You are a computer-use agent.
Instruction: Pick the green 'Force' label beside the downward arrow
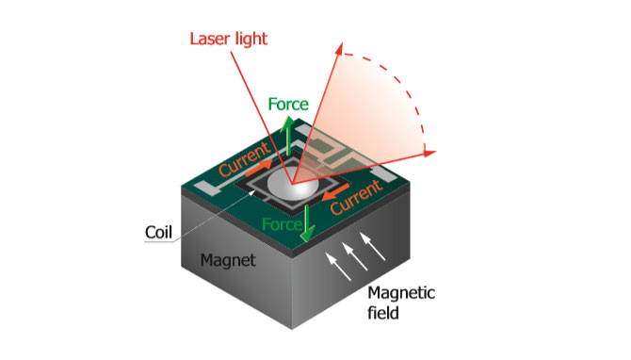282,225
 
